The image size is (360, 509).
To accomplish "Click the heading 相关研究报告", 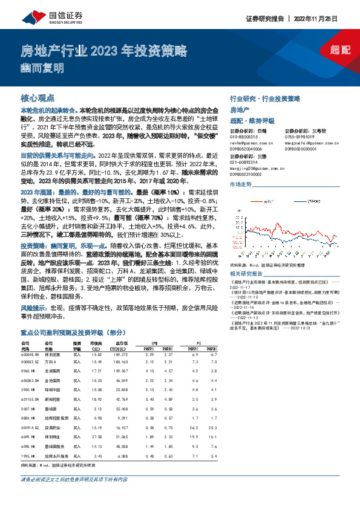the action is tap(247, 256).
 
